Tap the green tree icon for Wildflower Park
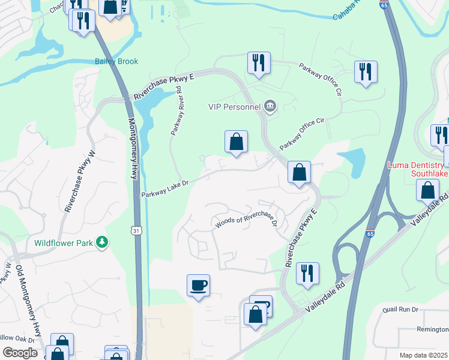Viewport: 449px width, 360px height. pos(103,242)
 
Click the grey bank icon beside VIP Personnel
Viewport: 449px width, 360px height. pos(270,107)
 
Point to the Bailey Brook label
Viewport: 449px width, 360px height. pos(116,61)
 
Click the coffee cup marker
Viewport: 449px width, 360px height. pos(198,285)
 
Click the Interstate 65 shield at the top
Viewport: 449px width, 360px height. pos(384,5)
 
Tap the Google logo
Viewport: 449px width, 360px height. pos(20,353)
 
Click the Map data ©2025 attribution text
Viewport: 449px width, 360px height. pos(423,355)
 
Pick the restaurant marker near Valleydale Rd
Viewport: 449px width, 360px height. pos(307,273)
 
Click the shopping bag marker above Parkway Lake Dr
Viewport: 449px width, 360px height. pos(237,142)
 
